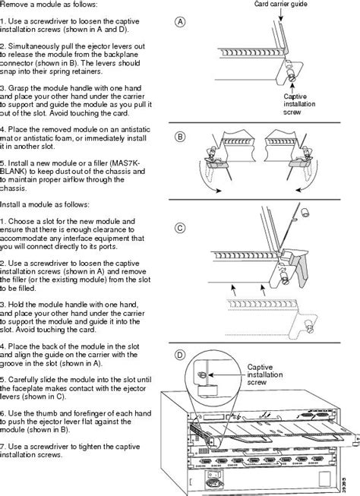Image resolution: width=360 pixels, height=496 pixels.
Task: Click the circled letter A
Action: (x=181, y=22)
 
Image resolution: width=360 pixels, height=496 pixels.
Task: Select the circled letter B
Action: (x=181, y=137)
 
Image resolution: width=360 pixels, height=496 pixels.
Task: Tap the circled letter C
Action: (x=181, y=227)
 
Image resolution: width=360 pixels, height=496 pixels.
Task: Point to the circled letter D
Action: (x=181, y=355)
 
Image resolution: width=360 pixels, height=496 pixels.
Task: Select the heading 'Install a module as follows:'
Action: (x=46, y=204)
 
